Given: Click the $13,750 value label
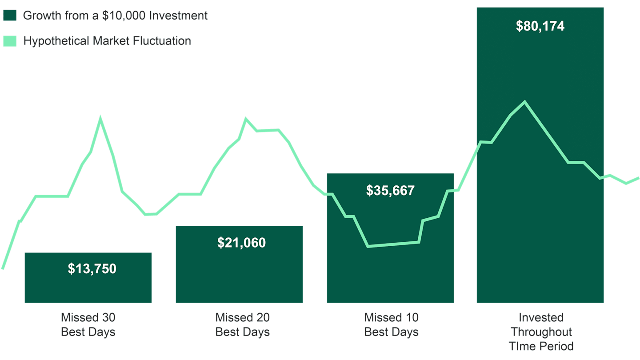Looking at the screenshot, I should click(x=92, y=269).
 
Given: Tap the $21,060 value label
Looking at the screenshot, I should click(x=241, y=243).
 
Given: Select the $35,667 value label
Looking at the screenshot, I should click(x=390, y=191).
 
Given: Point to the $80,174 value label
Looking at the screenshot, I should click(x=540, y=26).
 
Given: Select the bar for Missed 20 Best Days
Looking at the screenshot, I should click(x=239, y=276).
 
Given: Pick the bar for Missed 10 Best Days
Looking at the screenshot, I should click(x=390, y=276).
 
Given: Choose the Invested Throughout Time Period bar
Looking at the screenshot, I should click(x=540, y=222).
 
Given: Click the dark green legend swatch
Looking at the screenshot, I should click(x=10, y=16).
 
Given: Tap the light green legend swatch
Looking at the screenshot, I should click(x=10, y=41).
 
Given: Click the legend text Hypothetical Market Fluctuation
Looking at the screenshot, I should click(x=107, y=41).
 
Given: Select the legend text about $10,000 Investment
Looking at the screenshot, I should click(x=115, y=16).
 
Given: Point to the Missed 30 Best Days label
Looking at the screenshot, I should click(x=88, y=324).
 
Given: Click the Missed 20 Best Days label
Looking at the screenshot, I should click(x=242, y=324).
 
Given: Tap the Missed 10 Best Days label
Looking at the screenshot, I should click(x=391, y=324).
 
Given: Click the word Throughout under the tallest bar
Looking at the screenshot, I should click(x=541, y=332).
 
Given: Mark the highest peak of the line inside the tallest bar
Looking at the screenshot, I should click(x=525, y=102).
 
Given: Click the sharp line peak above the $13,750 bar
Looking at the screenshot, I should click(x=100, y=119).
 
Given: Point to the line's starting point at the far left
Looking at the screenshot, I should click(x=3, y=268).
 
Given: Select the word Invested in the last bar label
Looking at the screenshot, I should click(x=541, y=317).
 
